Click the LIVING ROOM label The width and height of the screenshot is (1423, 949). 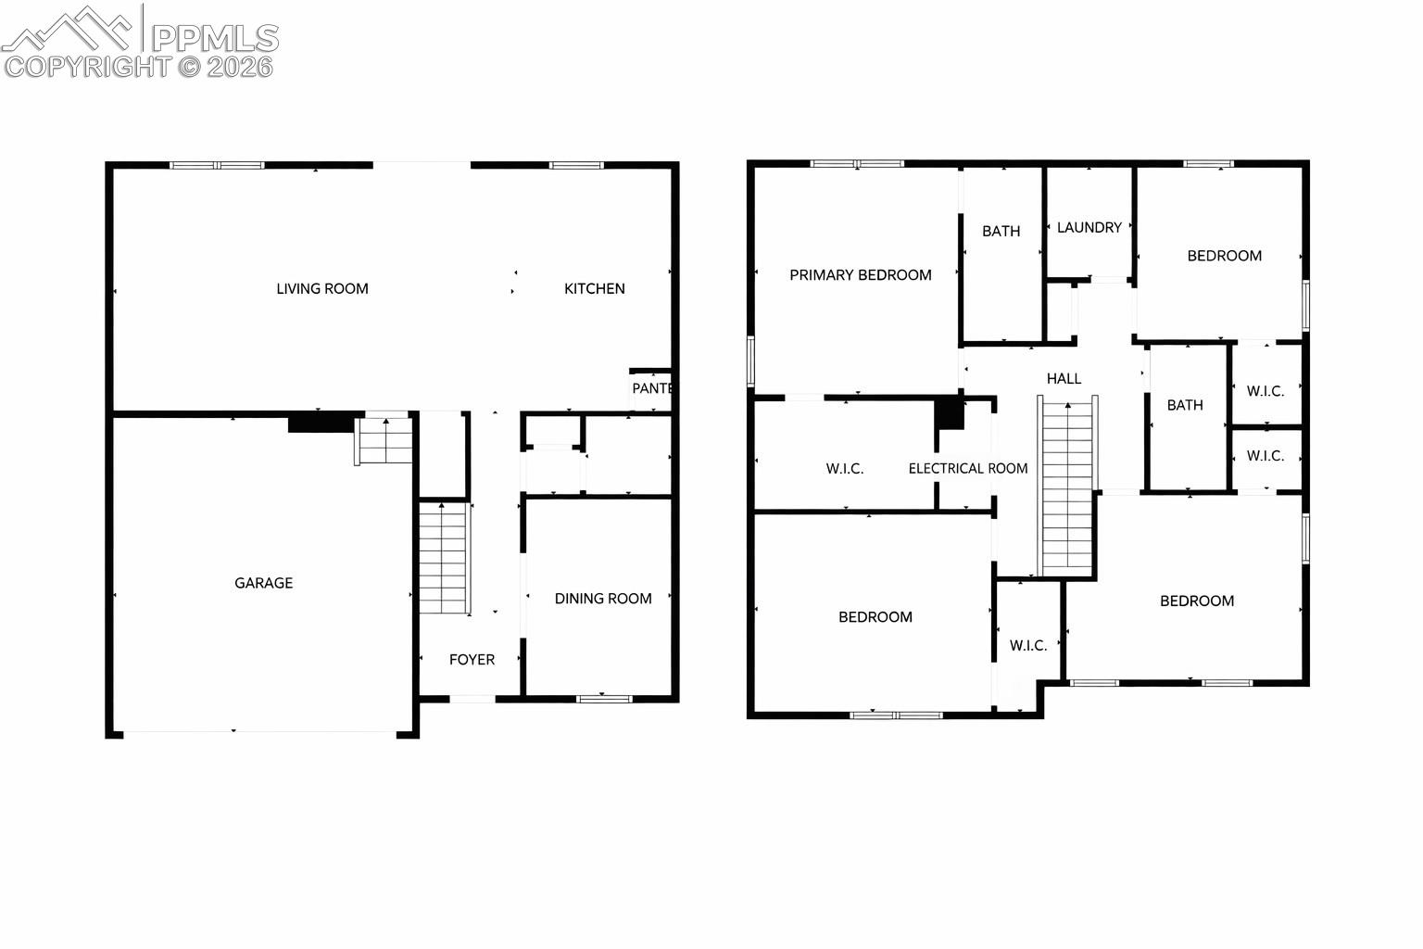(x=322, y=288)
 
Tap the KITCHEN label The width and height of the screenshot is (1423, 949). (x=595, y=288)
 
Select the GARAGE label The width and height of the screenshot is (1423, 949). (x=264, y=583)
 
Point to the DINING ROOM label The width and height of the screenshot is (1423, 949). (x=603, y=598)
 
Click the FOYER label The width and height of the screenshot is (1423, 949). (x=472, y=659)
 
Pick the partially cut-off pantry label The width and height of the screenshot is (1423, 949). (x=652, y=387)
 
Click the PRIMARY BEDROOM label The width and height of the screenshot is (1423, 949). (x=860, y=274)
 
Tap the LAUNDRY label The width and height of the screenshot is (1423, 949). (x=1089, y=227)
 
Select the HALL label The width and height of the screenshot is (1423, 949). (x=1064, y=378)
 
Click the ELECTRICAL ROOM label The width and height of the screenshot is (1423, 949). (x=967, y=468)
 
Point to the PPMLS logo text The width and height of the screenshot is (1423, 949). (x=215, y=38)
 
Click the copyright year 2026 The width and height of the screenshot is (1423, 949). (x=240, y=67)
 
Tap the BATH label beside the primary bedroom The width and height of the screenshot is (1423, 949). (x=1001, y=231)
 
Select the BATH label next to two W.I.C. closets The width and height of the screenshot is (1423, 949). (x=1185, y=405)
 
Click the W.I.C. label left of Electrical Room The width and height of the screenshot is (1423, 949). (x=844, y=468)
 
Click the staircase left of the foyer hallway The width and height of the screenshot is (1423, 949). (x=445, y=558)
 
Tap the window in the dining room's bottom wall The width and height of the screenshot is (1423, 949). (x=604, y=699)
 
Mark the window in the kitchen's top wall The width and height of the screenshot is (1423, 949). (x=576, y=165)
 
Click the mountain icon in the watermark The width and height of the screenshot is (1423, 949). (x=67, y=30)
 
